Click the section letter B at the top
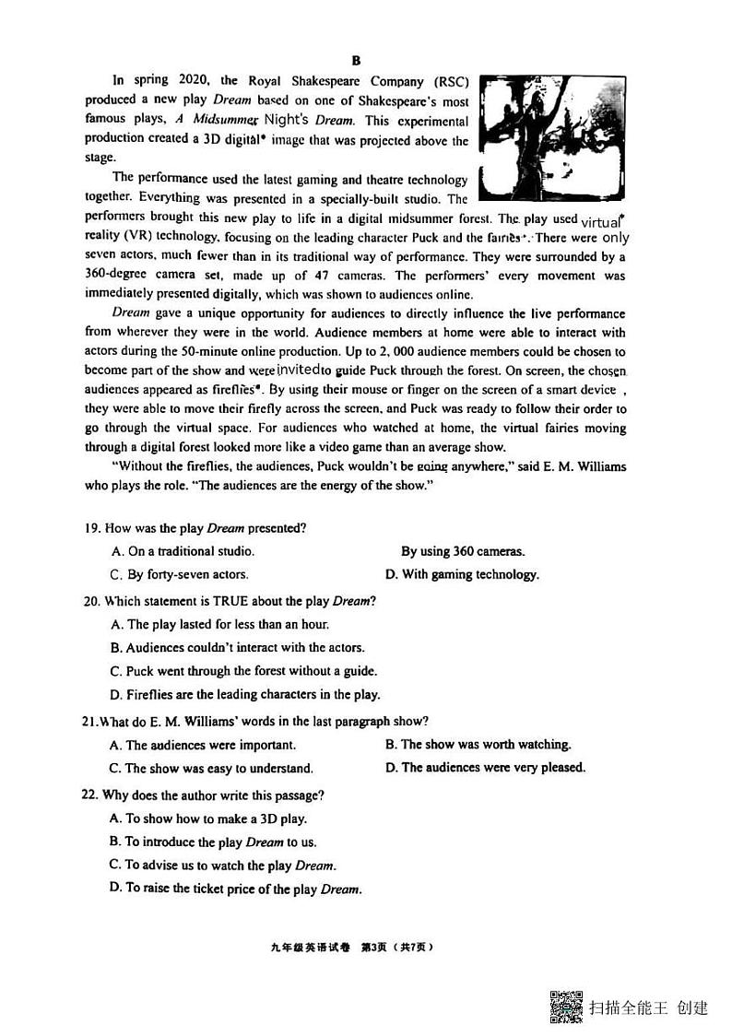pos(356,60)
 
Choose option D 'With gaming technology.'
pos(461,574)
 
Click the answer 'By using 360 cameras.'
pos(462,551)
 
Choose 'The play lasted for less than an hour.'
pos(218,624)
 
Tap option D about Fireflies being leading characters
pos(244,694)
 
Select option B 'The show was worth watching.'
pos(478,744)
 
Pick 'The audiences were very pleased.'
pos(485,767)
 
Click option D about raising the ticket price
pos(235,889)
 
